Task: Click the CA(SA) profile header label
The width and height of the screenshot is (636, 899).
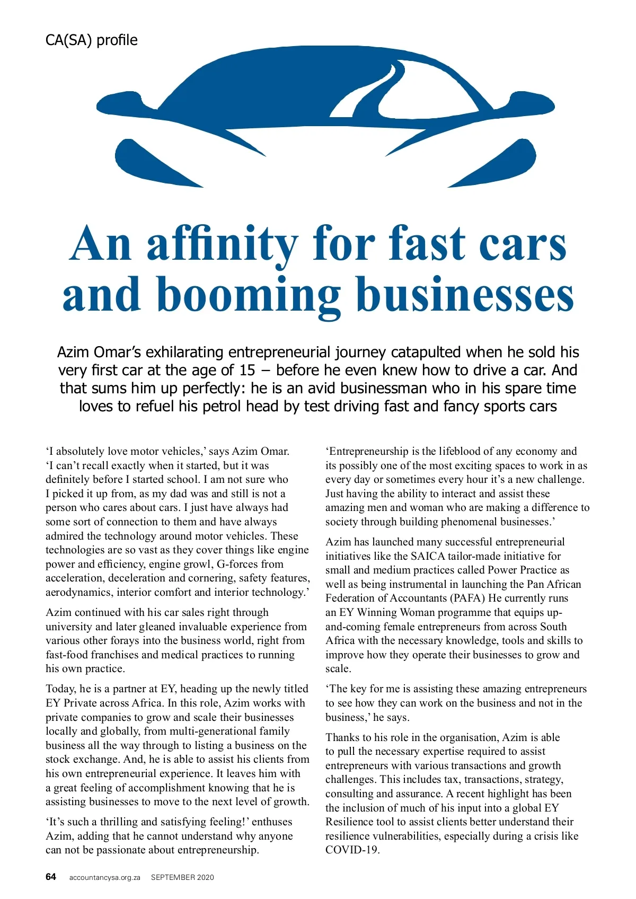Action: tap(91, 40)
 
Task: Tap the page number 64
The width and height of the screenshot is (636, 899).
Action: tap(51, 877)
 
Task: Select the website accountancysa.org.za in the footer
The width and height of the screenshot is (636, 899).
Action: tap(104, 877)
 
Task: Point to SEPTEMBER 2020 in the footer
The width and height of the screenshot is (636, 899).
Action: tap(182, 877)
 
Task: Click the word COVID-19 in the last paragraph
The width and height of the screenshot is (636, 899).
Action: tap(351, 850)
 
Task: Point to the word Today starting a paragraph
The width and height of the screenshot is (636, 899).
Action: tap(61, 689)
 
